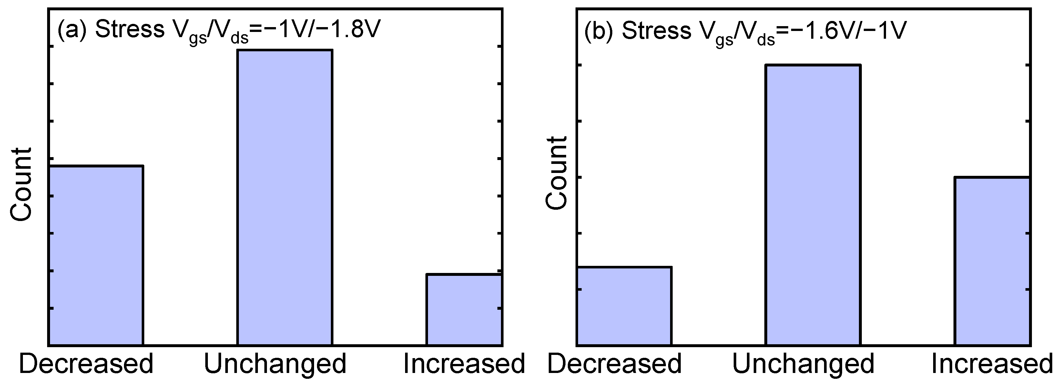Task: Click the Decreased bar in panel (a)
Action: (96, 255)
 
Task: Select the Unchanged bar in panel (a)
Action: (285, 197)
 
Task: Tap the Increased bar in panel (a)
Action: (464, 309)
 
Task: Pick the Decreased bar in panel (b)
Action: (624, 306)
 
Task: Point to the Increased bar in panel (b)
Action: (992, 261)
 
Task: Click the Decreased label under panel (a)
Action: (86, 364)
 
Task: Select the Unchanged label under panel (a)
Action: (275, 364)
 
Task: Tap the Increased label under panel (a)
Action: (464, 364)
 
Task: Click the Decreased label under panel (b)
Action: (614, 364)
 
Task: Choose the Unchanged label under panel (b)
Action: (803, 364)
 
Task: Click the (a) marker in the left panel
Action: (72, 30)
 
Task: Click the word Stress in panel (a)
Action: (130, 30)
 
